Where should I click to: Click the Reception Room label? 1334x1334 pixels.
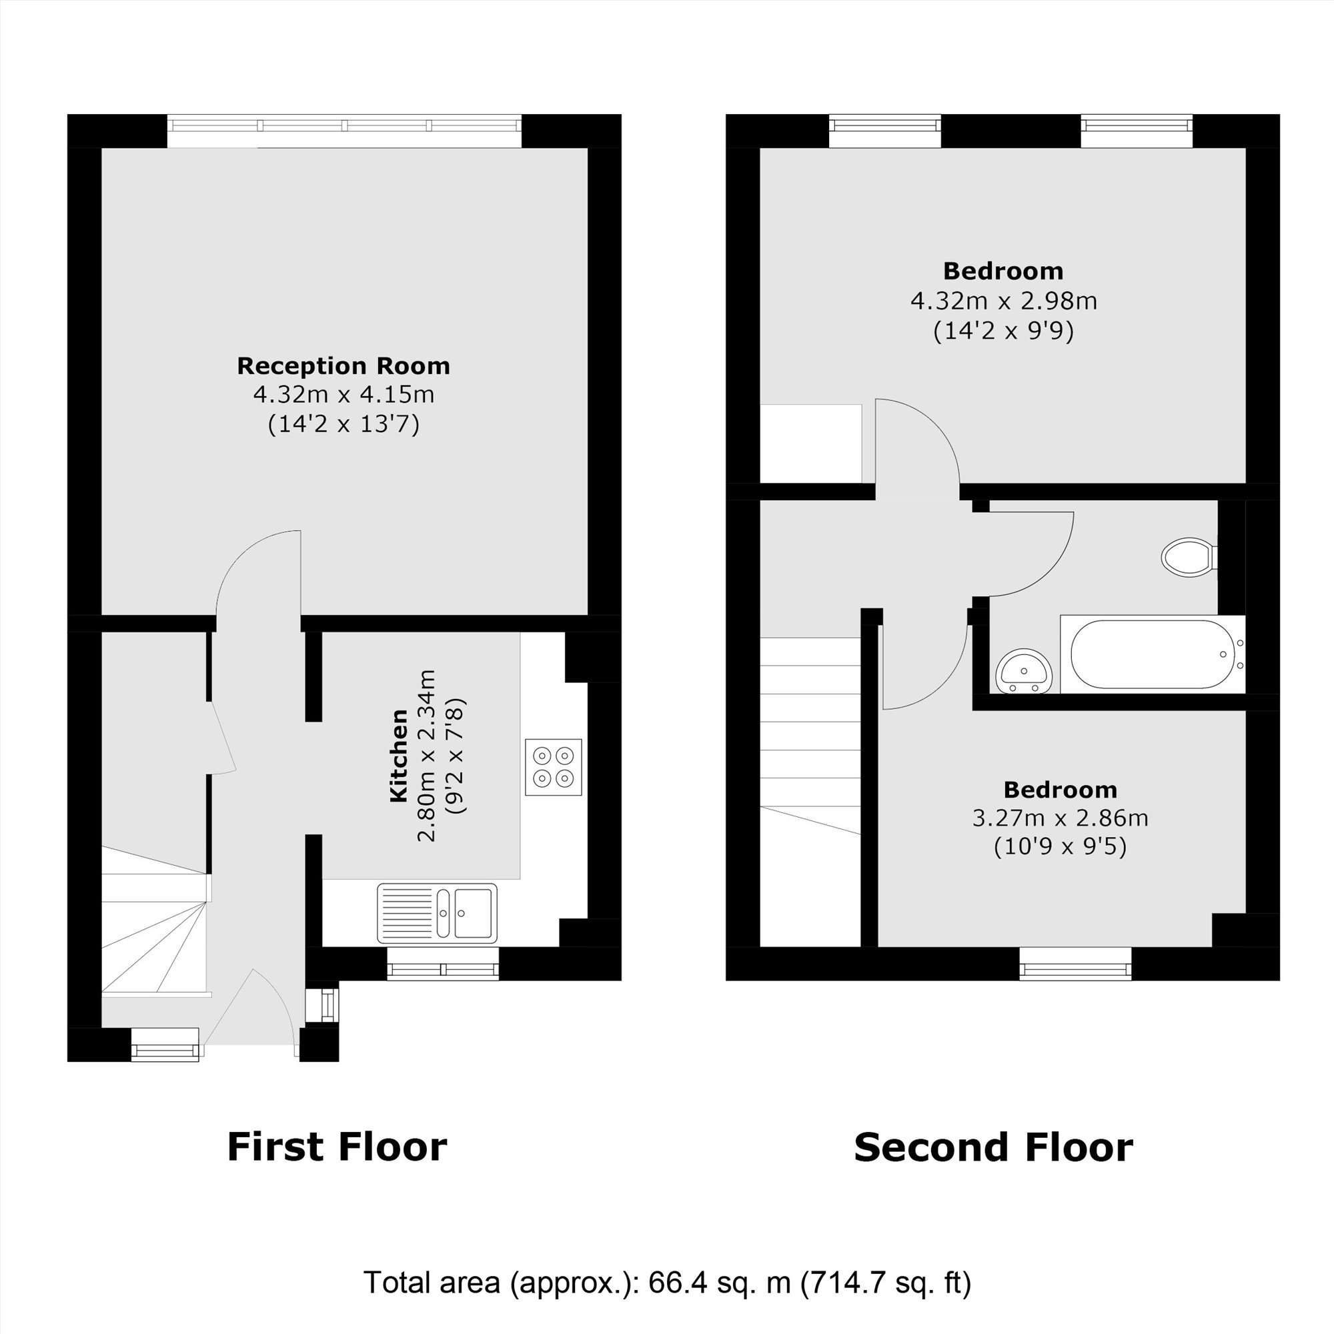(x=343, y=366)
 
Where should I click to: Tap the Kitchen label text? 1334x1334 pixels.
(x=399, y=756)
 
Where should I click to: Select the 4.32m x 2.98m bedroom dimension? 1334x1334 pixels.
(x=1003, y=301)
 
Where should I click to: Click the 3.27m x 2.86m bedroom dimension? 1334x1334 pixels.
(x=1060, y=818)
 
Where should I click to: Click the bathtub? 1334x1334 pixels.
(x=1153, y=654)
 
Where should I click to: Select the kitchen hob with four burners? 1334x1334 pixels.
(x=553, y=767)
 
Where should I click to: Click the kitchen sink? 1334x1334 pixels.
(x=437, y=913)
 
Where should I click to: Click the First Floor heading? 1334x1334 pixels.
(x=337, y=1147)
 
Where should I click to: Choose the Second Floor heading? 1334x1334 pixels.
(x=994, y=1147)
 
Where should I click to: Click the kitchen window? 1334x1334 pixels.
(x=443, y=962)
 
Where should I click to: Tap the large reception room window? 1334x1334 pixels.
(x=344, y=131)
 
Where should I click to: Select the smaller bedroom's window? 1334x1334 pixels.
(x=1076, y=963)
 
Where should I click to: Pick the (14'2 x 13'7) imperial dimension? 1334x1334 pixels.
(x=343, y=424)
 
